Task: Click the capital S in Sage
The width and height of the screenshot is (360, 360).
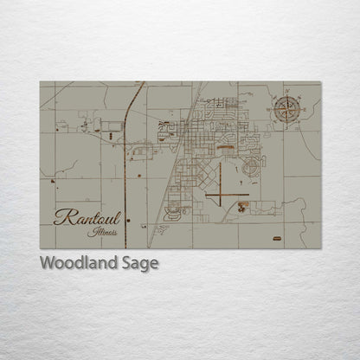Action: (x=127, y=263)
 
